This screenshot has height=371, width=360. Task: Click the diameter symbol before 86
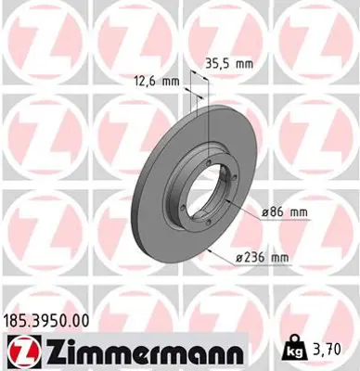pyautogui.click(x=266, y=212)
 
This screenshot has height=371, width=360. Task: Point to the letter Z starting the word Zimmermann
pyautogui.click(x=51, y=351)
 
